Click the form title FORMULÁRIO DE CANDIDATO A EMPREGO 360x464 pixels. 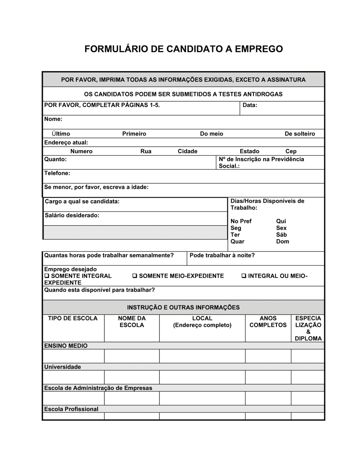(x=184, y=49)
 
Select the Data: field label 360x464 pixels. (x=250, y=105)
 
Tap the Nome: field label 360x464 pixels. (x=53, y=119)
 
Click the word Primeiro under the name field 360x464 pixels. (x=134, y=134)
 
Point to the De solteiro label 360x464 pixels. (x=300, y=134)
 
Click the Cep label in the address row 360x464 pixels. (x=291, y=151)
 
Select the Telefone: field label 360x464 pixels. (x=57, y=173)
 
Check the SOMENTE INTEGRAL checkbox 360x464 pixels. (x=46, y=276)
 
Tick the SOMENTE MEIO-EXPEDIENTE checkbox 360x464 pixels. (x=134, y=276)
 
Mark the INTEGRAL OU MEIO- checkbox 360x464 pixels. (x=244, y=276)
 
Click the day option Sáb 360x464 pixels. (x=281, y=235)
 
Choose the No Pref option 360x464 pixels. (x=241, y=221)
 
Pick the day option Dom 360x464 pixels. (x=283, y=242)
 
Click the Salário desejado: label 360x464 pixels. (x=72, y=215)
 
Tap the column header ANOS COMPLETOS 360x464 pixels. (x=268, y=322)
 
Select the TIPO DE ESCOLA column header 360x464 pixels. (x=73, y=318)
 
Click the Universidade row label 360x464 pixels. (x=63, y=367)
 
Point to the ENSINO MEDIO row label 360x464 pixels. (x=66, y=346)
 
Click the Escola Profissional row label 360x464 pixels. (x=71, y=409)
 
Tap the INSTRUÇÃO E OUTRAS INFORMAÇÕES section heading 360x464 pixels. (x=183, y=308)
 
